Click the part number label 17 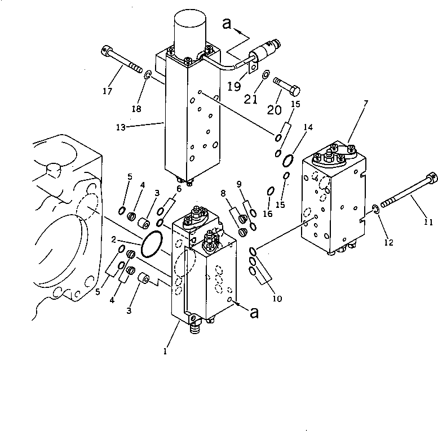[x=107, y=91]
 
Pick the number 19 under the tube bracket [x=234, y=86]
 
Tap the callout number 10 [x=276, y=298]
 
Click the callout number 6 [x=179, y=189]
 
